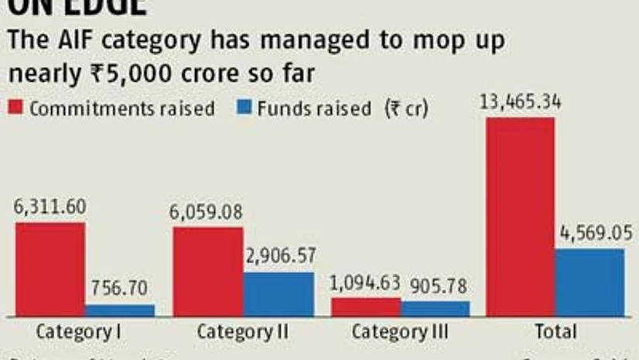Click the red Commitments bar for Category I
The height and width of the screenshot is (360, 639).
pyautogui.click(x=50, y=269)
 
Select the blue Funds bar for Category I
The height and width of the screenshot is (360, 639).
pyautogui.click(x=120, y=310)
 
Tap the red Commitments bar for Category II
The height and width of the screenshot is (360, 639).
pyautogui.click(x=208, y=272)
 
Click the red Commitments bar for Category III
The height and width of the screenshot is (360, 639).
pyautogui.click(x=366, y=307)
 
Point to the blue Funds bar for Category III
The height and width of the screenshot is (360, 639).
pyautogui.click(x=436, y=308)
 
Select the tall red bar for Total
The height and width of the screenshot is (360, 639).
pyautogui.click(x=520, y=217)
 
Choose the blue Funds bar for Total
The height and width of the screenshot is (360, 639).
pyautogui.click(x=589, y=282)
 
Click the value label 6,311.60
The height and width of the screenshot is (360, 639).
pyautogui.click(x=50, y=207)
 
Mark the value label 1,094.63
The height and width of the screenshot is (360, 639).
pyautogui.click(x=367, y=283)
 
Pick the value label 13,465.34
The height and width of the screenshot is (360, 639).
pyautogui.click(x=520, y=102)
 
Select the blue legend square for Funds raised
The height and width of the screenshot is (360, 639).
pyautogui.click(x=245, y=108)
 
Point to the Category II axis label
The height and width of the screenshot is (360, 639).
pyautogui.click(x=242, y=332)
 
